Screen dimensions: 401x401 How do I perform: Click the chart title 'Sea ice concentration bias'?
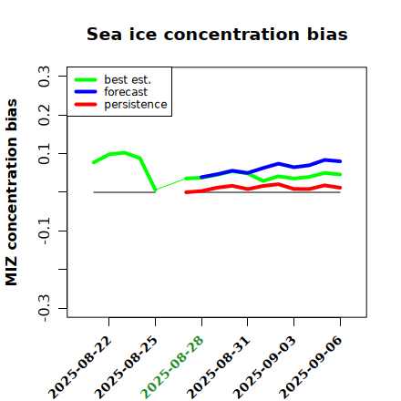(217, 34)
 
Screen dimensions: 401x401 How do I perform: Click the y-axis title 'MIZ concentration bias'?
(12, 192)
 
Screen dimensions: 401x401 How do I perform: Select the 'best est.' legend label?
(128, 79)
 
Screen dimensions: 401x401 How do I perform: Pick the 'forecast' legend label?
(126, 92)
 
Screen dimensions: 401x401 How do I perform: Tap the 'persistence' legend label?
(136, 105)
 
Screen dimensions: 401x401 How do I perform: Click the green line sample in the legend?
(86, 79)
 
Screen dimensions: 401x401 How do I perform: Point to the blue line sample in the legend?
(86, 92)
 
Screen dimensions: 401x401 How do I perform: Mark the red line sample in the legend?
(86, 105)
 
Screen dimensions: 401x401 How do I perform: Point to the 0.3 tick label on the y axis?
(44, 77)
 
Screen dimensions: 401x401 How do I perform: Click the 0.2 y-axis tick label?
(44, 115)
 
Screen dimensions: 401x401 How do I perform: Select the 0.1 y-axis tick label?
(44, 154)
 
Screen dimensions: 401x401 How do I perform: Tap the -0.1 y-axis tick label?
(44, 231)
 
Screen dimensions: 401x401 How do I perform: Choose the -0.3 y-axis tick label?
(44, 308)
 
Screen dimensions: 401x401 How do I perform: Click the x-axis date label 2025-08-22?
(80, 367)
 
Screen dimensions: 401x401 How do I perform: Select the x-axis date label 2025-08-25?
(127, 367)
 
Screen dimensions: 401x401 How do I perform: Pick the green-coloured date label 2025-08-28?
(173, 367)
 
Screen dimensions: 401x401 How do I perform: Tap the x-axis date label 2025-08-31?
(219, 367)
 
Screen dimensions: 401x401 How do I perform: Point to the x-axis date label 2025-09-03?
(265, 367)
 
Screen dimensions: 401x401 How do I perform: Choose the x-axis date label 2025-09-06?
(312, 367)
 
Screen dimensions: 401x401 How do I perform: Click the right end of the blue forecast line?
(340, 161)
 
